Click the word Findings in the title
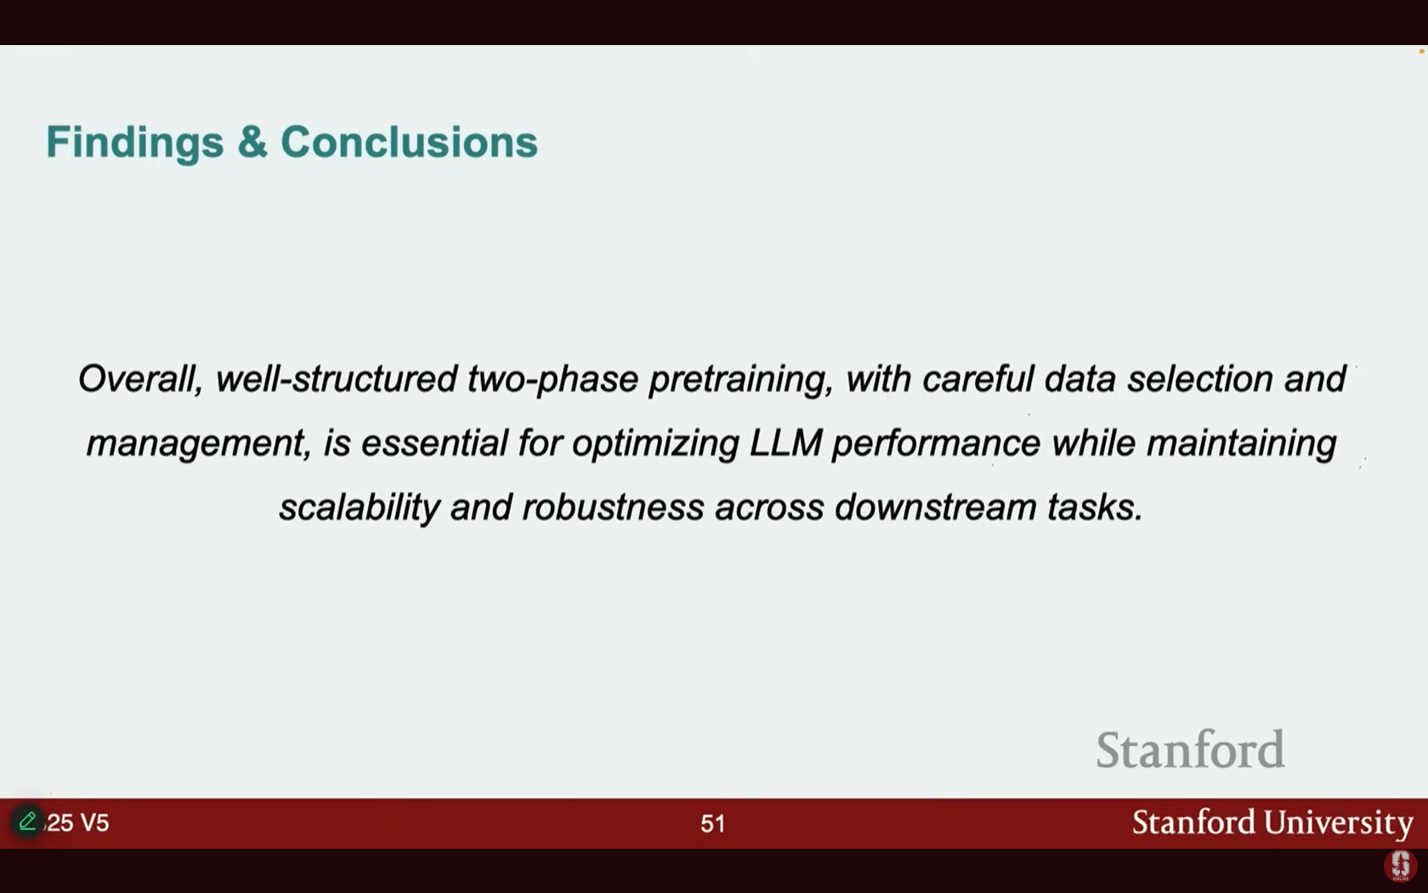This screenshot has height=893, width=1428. tap(135, 142)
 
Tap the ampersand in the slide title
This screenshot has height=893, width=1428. tap(252, 141)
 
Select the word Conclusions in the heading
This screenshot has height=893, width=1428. tap(410, 141)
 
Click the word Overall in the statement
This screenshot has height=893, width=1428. tap(140, 379)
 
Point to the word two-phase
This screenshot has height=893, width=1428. tap(552, 379)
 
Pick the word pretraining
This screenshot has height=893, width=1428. tap(741, 380)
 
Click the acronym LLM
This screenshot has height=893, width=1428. tap(785, 442)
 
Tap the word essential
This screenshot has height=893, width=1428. tap(434, 442)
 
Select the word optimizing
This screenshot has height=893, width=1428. tap(655, 444)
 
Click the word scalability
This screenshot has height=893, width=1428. tap(360, 507)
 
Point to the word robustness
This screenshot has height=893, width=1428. tap(613, 508)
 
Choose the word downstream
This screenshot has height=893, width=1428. tap(935, 508)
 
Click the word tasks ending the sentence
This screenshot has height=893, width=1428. tap(1095, 508)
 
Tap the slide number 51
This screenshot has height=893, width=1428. tap(712, 823)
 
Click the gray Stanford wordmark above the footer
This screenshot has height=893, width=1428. tap(1190, 748)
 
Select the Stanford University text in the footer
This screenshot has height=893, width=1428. tap(1272, 822)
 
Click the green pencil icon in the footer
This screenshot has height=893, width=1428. tap(27, 821)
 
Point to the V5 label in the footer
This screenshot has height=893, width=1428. tap(94, 823)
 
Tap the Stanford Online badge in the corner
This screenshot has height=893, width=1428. tap(1400, 865)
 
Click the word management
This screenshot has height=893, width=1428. tap(198, 444)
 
